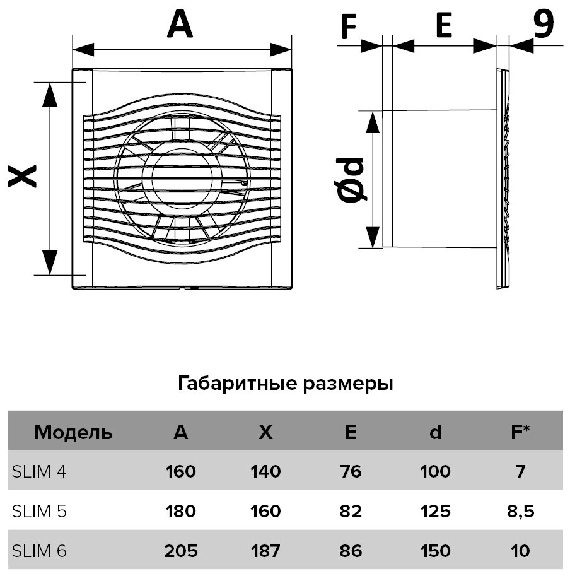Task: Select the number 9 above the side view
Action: [x=543, y=23]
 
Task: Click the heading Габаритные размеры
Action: [x=286, y=384]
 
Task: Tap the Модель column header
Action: [x=73, y=433]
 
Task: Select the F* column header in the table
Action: [x=520, y=433]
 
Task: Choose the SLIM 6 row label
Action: [x=39, y=551]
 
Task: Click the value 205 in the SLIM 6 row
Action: [x=181, y=551]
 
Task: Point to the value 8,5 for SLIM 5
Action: [x=520, y=510]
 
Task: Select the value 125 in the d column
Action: [x=434, y=510]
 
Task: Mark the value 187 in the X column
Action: [x=265, y=551]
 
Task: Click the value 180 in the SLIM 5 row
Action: [x=180, y=510]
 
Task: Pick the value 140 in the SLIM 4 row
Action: [x=265, y=471]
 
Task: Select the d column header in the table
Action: [x=435, y=433]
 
